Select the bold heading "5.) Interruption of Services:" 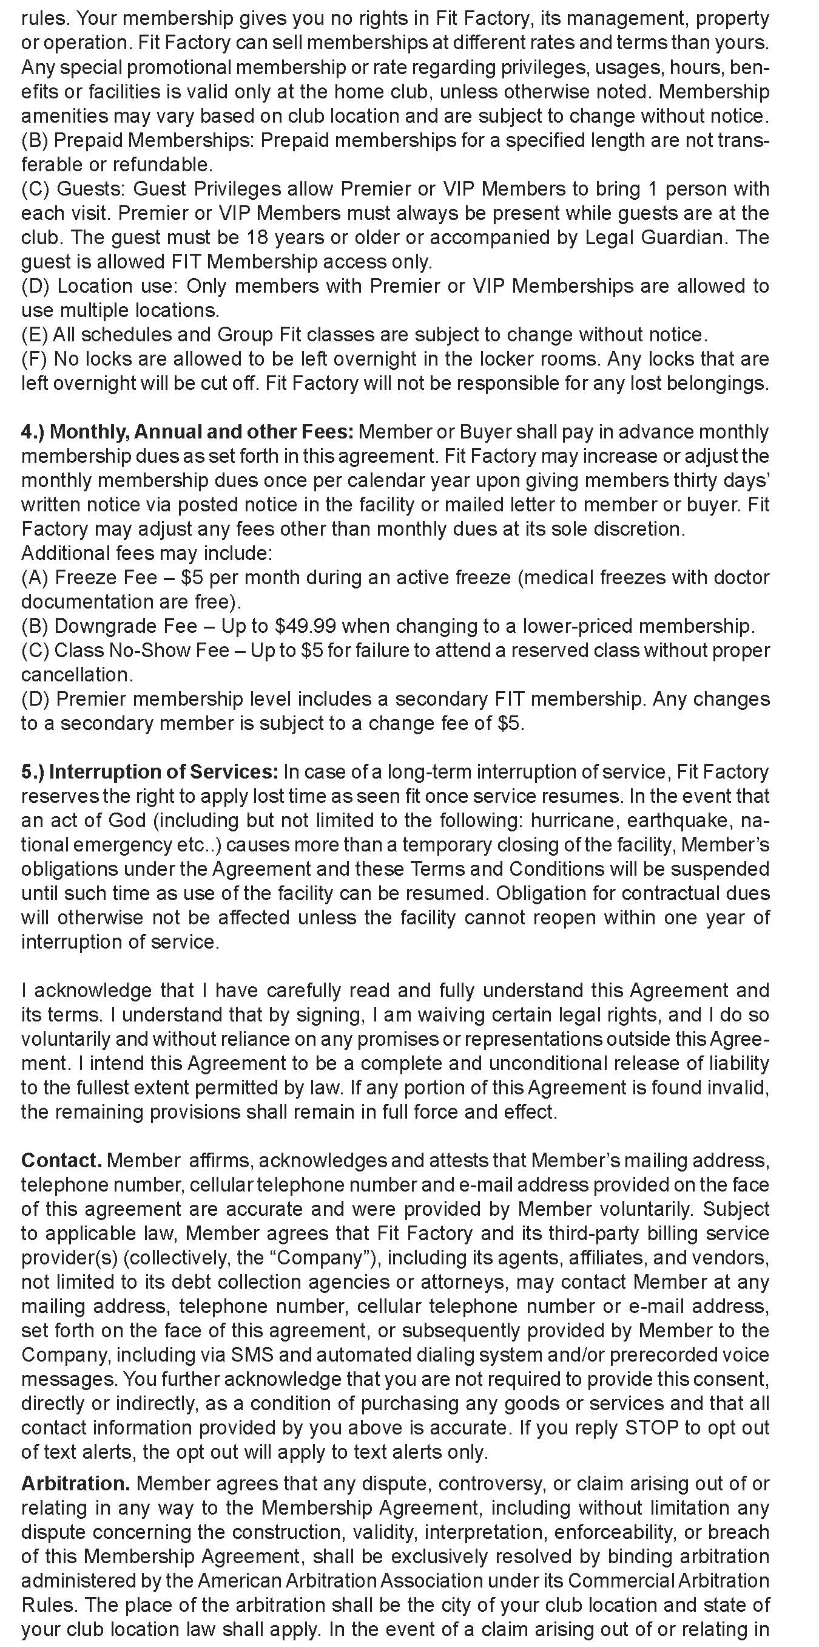149,772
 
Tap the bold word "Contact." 61,1161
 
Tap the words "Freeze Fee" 106,578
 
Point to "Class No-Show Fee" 141,650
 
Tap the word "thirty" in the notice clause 705,481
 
